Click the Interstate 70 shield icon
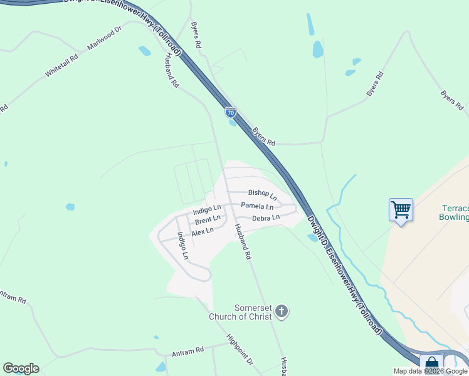tap(231, 112)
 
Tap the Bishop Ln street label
tap(262, 194)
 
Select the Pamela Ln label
tap(257, 206)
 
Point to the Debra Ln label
tap(265, 218)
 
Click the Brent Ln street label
tap(207, 220)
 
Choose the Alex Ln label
tap(203, 231)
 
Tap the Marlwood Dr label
tap(104, 40)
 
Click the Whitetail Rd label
tap(61, 66)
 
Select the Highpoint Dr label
tap(240, 353)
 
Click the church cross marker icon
tap(282, 311)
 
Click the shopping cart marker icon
tap(401, 209)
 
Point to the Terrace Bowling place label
tap(454, 212)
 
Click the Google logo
tap(21, 368)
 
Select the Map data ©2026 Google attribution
tap(430, 371)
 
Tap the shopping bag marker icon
tap(431, 364)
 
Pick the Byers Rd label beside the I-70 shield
tap(263, 137)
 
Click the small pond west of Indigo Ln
tap(70, 207)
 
